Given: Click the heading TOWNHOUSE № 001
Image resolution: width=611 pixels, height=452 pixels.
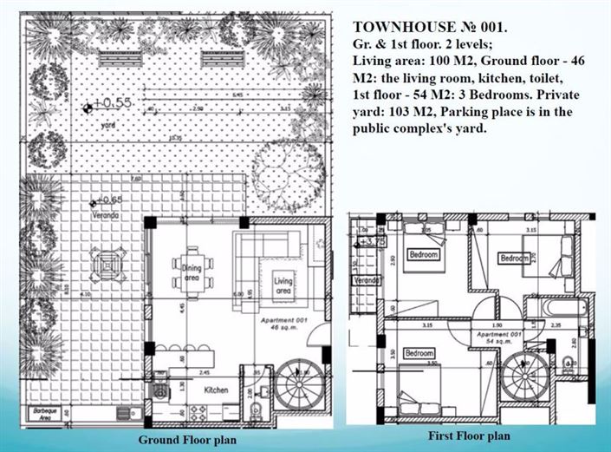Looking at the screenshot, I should [x=430, y=27].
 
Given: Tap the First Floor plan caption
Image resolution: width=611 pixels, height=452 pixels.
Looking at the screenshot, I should [x=470, y=436].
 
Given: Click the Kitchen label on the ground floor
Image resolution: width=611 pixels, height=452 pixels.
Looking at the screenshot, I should [x=215, y=390].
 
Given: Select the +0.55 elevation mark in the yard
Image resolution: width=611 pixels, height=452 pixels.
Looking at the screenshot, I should [x=105, y=103].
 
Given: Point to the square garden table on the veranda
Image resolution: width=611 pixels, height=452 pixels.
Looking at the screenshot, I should [x=107, y=260].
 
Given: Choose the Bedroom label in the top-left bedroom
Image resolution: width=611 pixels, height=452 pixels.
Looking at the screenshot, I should [x=425, y=255].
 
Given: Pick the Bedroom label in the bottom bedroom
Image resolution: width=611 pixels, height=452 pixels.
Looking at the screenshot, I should [x=419, y=353].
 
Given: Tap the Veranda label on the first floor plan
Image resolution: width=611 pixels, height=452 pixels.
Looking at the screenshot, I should [x=367, y=281].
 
